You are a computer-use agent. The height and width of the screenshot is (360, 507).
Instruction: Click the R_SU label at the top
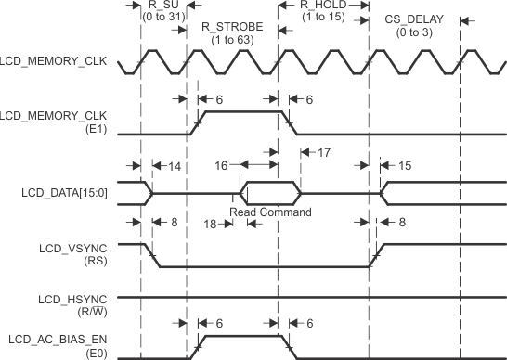pyautogui.click(x=162, y=6)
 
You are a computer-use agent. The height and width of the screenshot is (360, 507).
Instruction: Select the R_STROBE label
pyautogui.click(x=231, y=26)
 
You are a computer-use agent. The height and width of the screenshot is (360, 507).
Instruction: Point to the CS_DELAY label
pyautogui.click(x=412, y=20)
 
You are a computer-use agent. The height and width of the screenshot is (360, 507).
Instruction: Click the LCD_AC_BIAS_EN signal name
pyautogui.click(x=64, y=340)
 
